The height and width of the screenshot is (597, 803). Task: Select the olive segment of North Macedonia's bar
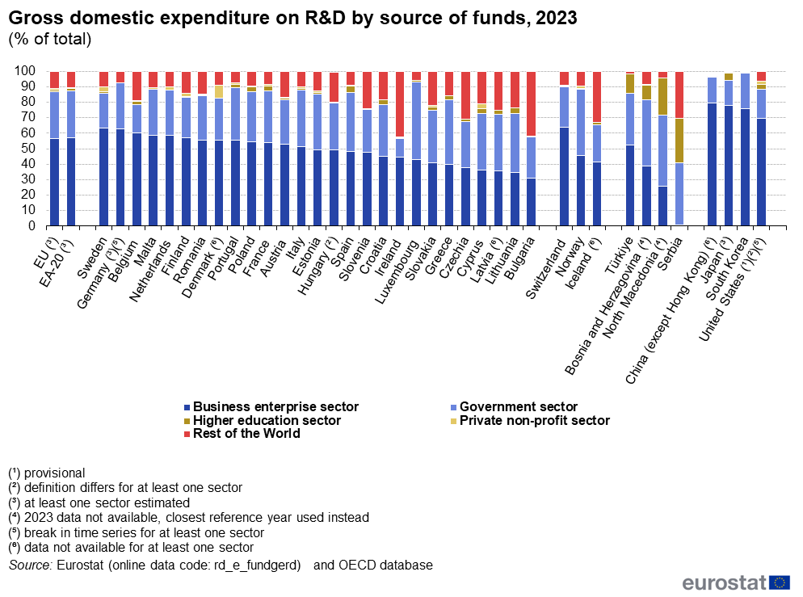[x=662, y=96]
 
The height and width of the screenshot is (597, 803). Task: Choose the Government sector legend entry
[x=518, y=407]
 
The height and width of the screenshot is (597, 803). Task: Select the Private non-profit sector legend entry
[x=534, y=420]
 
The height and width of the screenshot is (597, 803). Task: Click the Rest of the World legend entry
[x=246, y=434]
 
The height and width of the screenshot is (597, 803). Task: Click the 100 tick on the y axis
[x=28, y=71]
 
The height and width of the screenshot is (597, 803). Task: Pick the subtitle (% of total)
[x=49, y=38]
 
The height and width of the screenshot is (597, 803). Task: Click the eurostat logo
[x=735, y=582]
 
